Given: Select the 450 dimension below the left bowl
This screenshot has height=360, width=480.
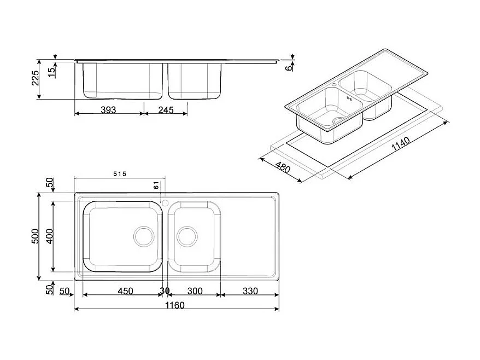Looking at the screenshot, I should (x=125, y=291).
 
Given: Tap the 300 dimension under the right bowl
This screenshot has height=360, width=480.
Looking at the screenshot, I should (x=195, y=291).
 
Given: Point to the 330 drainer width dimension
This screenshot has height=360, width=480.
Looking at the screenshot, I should (x=249, y=291).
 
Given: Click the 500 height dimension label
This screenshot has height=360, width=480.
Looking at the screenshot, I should (x=34, y=236).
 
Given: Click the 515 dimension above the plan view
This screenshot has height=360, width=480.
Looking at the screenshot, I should (x=120, y=174).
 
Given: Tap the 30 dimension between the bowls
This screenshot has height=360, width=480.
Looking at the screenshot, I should (x=165, y=291).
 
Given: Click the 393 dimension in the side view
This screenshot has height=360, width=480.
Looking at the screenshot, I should (x=109, y=110).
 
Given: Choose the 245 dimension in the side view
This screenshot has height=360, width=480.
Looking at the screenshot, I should (x=166, y=110).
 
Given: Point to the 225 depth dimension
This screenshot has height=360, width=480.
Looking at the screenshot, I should (x=35, y=79).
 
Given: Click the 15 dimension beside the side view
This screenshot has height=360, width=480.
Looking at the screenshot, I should (x=51, y=72).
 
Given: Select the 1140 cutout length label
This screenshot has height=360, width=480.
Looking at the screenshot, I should (x=401, y=143).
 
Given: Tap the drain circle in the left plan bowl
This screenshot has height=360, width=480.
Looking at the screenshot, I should (x=144, y=236).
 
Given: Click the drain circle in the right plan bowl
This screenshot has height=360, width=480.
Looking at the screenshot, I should (x=187, y=236).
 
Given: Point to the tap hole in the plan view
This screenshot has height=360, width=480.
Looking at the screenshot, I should (x=163, y=202).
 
